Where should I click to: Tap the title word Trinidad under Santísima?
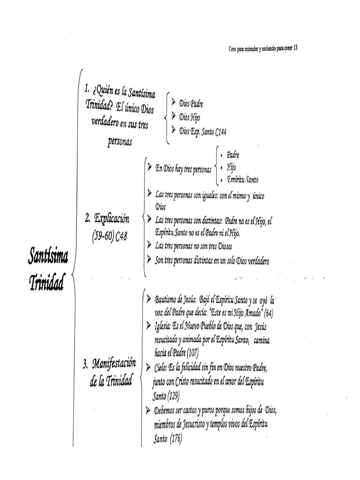click(46, 282)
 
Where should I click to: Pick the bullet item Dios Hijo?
click(189, 118)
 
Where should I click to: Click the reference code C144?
click(221, 132)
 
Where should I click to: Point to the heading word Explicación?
click(112, 218)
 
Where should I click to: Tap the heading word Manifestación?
click(114, 363)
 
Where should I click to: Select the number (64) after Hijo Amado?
click(269, 312)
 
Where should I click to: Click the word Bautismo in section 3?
click(166, 299)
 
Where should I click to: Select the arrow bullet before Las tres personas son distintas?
click(149, 219)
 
